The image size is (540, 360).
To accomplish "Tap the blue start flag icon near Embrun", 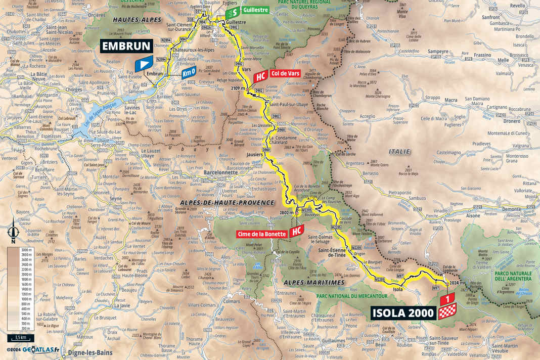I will [144, 64].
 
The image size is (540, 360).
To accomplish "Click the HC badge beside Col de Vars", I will [259, 76].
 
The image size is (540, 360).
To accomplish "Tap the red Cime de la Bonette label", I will [262, 234].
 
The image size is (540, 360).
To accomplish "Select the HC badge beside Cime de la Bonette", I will [296, 232].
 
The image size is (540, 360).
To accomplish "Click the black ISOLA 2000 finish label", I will [402, 313].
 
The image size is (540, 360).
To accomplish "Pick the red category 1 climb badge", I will [447, 299].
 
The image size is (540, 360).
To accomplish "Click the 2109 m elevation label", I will [237, 88].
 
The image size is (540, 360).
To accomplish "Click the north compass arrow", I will [14, 231].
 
